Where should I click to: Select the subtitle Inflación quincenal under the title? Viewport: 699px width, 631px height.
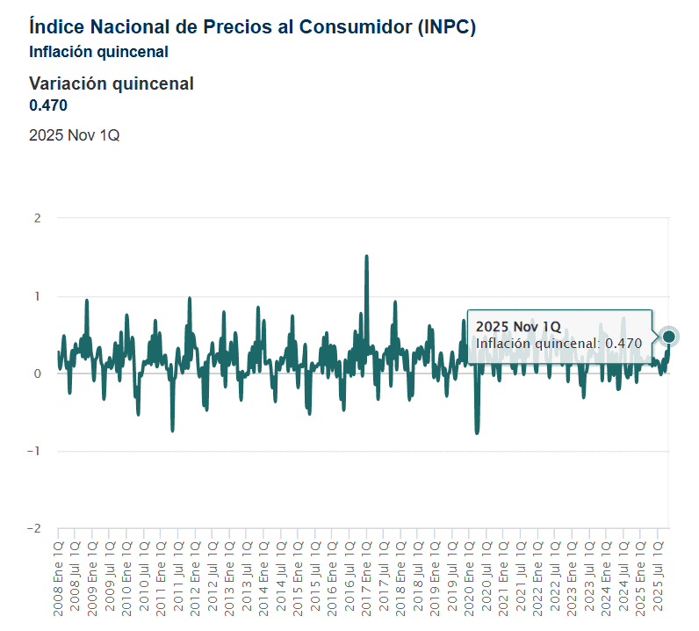click(98, 52)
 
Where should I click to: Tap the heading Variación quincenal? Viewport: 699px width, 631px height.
click(112, 83)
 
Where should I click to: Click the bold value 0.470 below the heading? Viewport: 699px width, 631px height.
click(48, 105)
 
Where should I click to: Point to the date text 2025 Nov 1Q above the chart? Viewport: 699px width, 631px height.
click(75, 134)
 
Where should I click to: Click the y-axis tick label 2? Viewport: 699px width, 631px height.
click(38, 218)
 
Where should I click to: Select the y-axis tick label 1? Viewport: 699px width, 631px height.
click(38, 296)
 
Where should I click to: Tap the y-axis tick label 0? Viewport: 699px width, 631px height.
click(38, 374)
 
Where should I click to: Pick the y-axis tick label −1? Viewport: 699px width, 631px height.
click(34, 451)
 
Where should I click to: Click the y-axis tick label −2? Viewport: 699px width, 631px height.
click(34, 528)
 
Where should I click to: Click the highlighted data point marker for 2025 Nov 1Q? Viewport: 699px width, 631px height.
click(668, 337)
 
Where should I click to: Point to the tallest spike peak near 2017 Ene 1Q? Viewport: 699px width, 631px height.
click(366, 256)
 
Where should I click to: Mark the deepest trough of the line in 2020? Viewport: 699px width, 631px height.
click(477, 432)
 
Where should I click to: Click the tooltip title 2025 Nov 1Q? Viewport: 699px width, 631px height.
click(518, 327)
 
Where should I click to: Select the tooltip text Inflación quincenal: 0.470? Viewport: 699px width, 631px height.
click(558, 344)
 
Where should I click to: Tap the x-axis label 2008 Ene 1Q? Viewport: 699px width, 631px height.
click(59, 579)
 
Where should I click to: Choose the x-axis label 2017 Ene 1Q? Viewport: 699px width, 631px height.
click(366, 579)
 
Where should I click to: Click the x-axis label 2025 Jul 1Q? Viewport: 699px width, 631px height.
click(658, 577)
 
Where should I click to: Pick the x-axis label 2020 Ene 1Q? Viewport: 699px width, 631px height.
click(470, 579)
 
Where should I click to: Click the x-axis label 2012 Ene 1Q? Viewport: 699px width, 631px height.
click(195, 579)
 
